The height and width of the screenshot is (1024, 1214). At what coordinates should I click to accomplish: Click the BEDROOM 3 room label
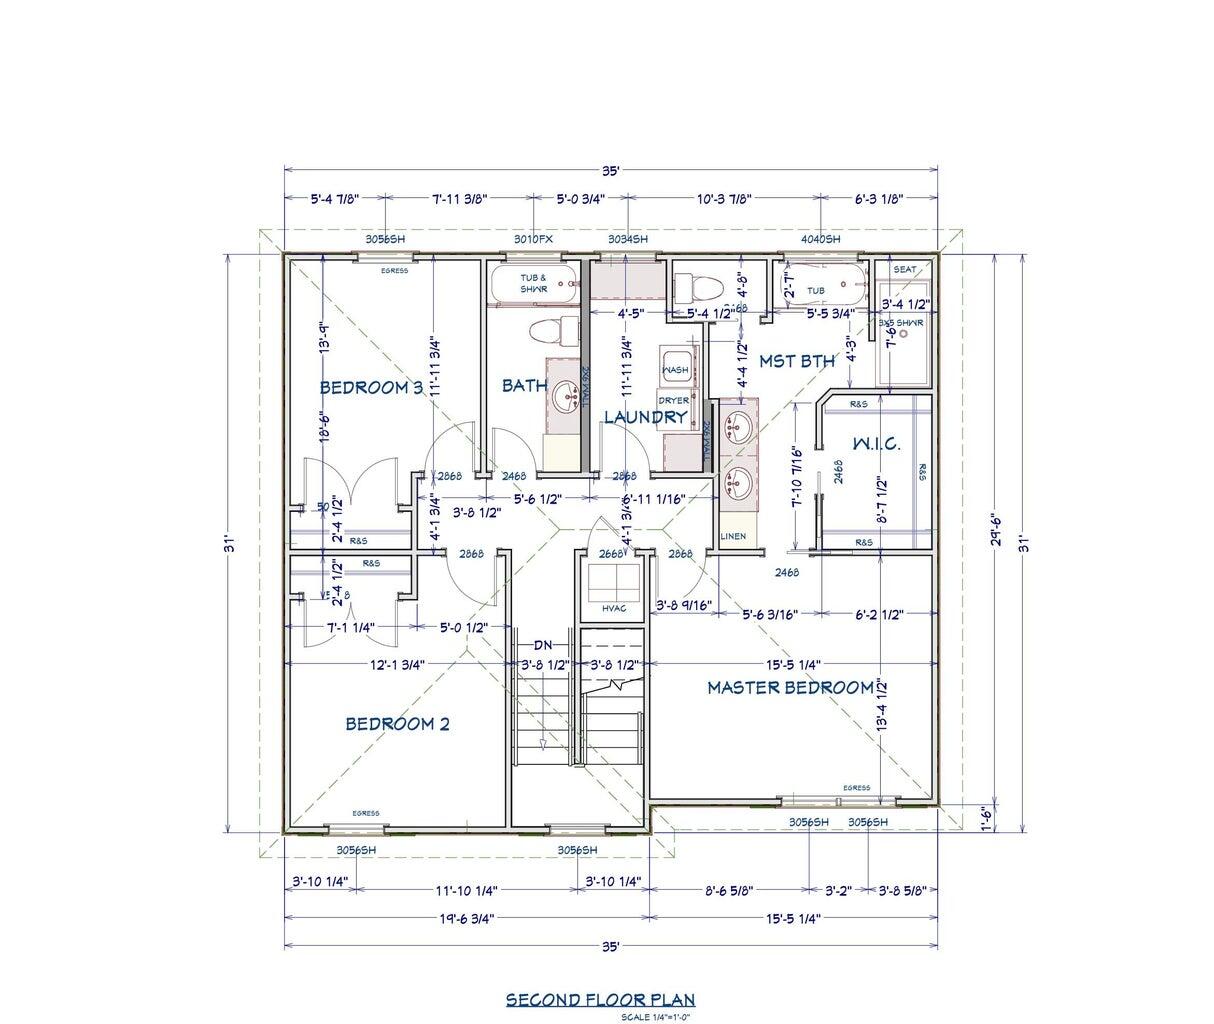coord(371,387)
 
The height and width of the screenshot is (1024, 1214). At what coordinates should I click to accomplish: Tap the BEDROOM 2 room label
coord(397,723)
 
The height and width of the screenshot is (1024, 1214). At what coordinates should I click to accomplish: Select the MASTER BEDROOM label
coord(790,688)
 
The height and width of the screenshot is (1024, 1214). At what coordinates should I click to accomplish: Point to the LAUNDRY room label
coord(645,417)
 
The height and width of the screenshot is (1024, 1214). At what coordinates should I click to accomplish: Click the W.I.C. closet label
coord(876,443)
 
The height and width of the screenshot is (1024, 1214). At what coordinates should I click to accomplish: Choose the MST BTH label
coord(796,361)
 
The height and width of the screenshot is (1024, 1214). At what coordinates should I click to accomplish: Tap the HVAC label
coord(614,608)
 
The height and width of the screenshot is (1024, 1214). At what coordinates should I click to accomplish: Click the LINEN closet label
coord(733,537)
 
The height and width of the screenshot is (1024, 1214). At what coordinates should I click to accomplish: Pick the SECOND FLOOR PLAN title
coord(599,999)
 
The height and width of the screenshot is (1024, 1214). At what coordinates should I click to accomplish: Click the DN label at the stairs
coord(543,644)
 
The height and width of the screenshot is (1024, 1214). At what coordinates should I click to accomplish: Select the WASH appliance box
coord(676,369)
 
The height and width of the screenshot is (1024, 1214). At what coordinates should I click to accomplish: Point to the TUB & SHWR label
coord(533,283)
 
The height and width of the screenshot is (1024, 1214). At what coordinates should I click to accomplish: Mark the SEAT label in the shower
coord(904,270)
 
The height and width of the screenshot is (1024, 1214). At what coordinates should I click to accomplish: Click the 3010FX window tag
coord(533,239)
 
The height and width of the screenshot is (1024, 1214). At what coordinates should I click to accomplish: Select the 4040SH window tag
coord(820,239)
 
